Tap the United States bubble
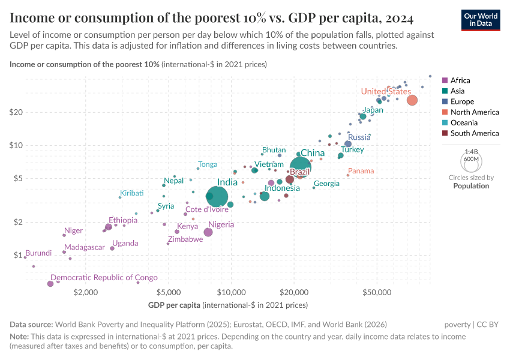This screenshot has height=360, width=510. pyautogui.click(x=412, y=100)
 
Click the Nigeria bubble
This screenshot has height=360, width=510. pyautogui.click(x=208, y=232)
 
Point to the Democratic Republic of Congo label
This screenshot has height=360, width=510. pyautogui.click(x=104, y=277)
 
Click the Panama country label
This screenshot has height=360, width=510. pyautogui.click(x=361, y=171)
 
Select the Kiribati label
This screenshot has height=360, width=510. pyautogui.click(x=132, y=193)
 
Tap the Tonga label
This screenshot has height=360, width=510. pyautogui.click(x=208, y=164)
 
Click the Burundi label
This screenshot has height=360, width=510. pyautogui.click(x=38, y=253)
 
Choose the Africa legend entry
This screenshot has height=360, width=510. pyautogui.click(x=460, y=80)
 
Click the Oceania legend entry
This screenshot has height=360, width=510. pyautogui.click(x=463, y=123)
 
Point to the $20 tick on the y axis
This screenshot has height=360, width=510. pyautogui.click(x=16, y=112)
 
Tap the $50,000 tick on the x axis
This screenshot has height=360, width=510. pyautogui.click(x=377, y=292)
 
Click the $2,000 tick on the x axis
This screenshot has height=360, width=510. pyautogui.click(x=86, y=292)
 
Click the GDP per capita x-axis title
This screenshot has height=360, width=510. pyautogui.click(x=227, y=305)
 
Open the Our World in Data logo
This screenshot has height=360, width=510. pyautogui.click(x=481, y=20)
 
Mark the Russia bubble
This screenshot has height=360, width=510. pyautogui.click(x=348, y=144)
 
